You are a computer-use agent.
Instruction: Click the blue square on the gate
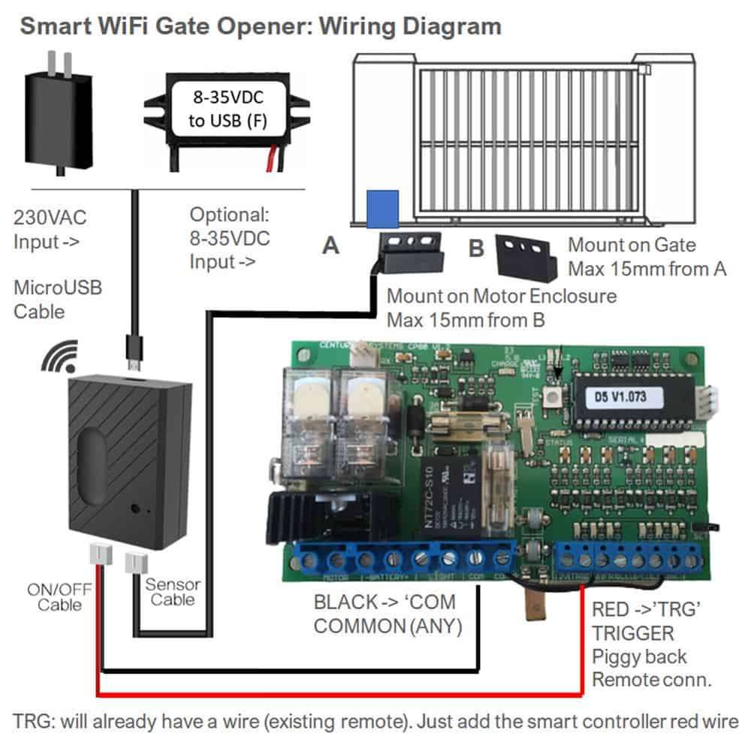(383, 208)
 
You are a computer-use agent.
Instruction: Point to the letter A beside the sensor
(330, 245)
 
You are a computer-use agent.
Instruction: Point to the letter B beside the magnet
(475, 248)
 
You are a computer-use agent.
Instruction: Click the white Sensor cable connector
(136, 560)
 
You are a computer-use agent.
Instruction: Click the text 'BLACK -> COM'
(384, 602)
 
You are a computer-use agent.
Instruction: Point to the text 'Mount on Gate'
(632, 244)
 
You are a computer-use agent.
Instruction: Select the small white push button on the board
(554, 400)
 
